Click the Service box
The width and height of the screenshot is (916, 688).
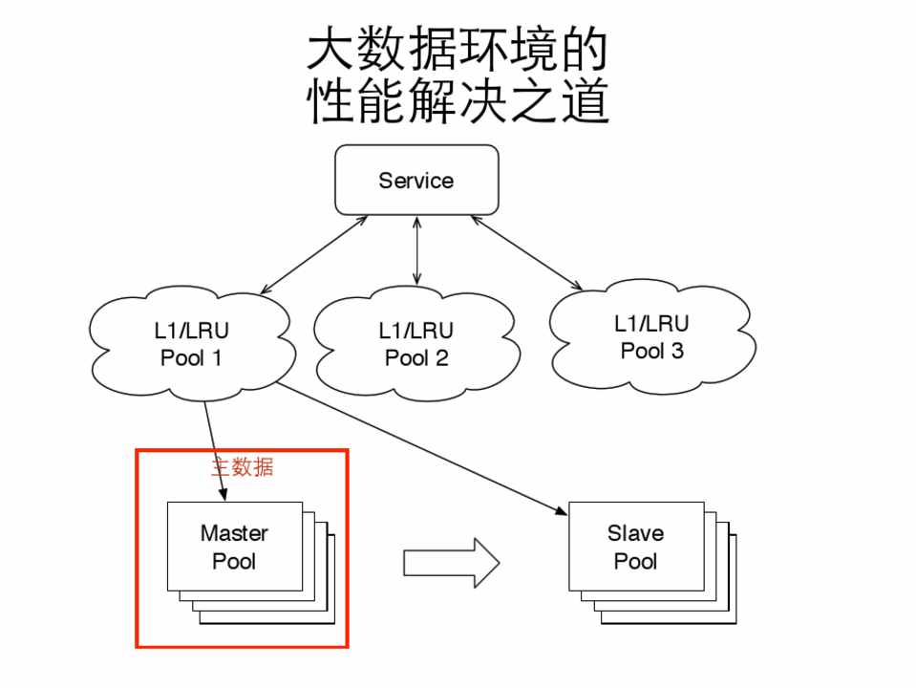(416, 180)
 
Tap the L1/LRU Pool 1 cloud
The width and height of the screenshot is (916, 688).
(191, 345)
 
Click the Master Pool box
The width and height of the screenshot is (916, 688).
(234, 547)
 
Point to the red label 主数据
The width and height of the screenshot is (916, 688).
(242, 467)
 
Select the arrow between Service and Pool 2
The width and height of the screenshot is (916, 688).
(416, 249)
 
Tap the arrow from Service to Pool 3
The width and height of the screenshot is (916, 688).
(525, 252)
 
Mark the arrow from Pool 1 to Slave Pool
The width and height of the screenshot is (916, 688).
(420, 449)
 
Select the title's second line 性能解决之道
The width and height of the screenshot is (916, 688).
(458, 101)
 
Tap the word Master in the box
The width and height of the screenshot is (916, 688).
(234, 533)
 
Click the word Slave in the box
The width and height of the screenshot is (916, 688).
(635, 533)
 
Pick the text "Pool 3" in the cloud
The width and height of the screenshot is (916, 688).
(651, 351)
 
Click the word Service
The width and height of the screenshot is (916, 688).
(416, 180)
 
